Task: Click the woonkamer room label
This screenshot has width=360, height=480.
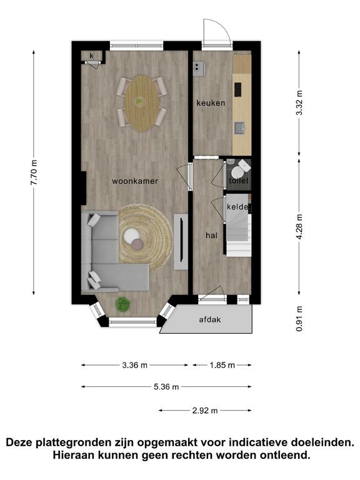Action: [x=135, y=181]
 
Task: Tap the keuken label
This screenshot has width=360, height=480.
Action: [x=211, y=103]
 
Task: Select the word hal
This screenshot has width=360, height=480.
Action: [x=211, y=236]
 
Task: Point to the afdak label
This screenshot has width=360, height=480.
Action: [x=210, y=319]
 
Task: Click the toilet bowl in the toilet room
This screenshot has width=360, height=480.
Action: [x=237, y=172]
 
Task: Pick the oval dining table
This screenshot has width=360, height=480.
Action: [x=142, y=104]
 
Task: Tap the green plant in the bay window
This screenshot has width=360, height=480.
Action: [x=122, y=304]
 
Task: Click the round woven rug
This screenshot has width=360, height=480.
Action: [x=146, y=238]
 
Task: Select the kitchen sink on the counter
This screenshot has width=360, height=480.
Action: [x=240, y=128]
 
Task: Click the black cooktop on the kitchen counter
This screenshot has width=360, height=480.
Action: [x=238, y=89]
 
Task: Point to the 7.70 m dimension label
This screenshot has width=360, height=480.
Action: [x=34, y=172]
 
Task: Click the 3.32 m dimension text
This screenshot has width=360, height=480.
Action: [x=299, y=103]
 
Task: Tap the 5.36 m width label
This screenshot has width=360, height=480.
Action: [x=166, y=387]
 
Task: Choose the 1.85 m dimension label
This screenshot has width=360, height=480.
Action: [x=222, y=365]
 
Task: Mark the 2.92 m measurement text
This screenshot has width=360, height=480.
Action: [x=205, y=411]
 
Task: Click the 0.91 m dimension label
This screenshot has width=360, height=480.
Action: [x=299, y=319]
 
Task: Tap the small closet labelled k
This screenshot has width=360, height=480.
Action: [x=91, y=56]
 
